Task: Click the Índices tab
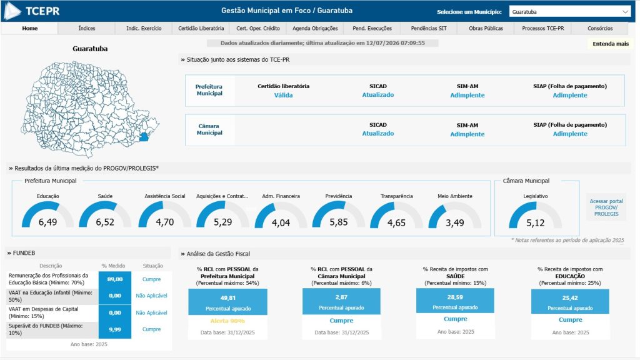click(86, 28)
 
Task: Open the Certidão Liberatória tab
click(201, 28)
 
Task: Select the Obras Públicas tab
click(486, 28)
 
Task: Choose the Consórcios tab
click(600, 28)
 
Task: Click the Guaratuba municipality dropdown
click(570, 12)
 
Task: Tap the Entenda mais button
click(611, 44)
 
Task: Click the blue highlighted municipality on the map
click(144, 137)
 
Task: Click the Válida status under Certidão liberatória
click(283, 95)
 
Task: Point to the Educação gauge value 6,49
click(47, 222)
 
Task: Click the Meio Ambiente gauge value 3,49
click(455, 223)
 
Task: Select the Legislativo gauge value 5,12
click(535, 223)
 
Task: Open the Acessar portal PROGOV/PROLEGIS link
click(606, 207)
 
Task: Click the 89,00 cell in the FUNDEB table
click(115, 279)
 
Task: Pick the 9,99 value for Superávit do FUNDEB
click(115, 329)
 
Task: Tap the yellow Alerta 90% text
click(227, 321)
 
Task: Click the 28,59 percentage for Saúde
click(455, 297)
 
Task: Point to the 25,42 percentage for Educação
click(570, 298)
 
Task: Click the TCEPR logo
click(32, 11)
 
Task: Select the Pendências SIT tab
click(429, 28)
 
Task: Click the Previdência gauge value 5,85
click(339, 222)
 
